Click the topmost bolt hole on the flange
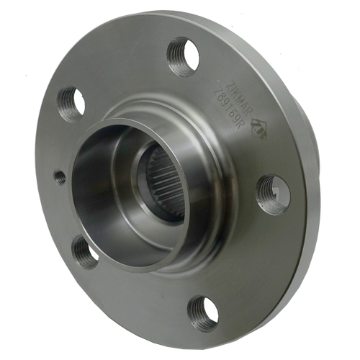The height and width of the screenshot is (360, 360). point(184,56)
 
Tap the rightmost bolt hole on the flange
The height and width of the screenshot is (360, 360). point(274,193)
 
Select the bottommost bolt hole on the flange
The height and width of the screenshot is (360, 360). point(203,312)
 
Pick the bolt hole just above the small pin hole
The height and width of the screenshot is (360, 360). point(71,104)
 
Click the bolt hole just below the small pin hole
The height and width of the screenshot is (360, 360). point(85,251)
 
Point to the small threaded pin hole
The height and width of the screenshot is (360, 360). point(60,176)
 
